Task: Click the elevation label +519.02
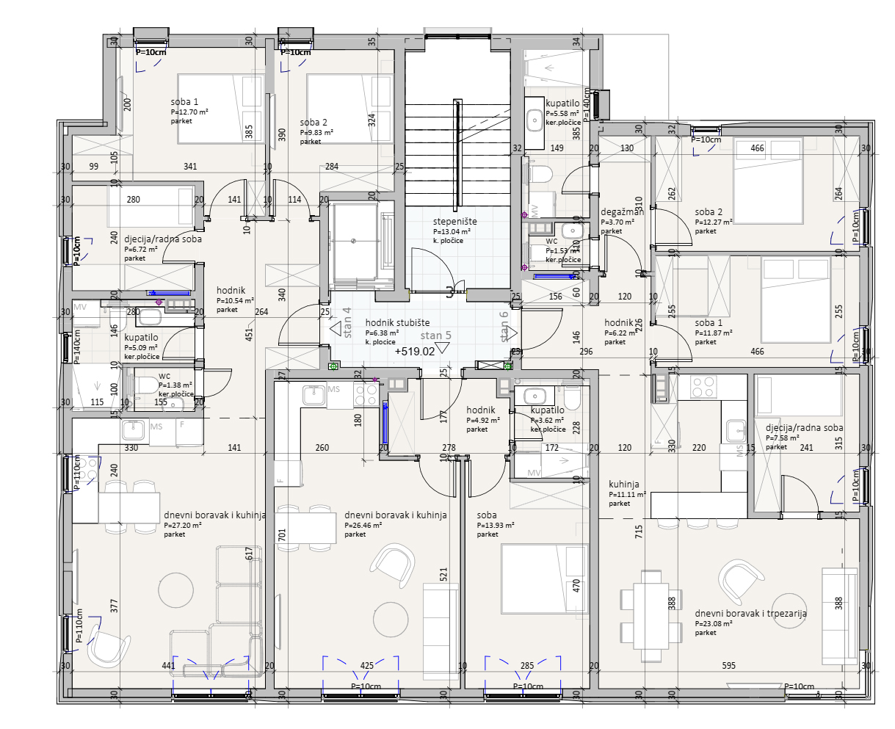(x=414, y=352)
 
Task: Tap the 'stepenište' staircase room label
(x=454, y=221)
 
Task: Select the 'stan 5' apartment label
(x=435, y=336)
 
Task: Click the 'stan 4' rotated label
(x=347, y=322)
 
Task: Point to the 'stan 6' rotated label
(x=504, y=327)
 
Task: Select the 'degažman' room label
(x=622, y=212)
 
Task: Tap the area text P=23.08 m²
(x=716, y=624)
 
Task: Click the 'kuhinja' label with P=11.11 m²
(x=623, y=485)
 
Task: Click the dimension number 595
(x=728, y=666)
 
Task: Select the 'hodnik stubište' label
(x=397, y=323)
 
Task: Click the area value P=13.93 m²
(x=495, y=526)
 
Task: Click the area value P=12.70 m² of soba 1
(x=189, y=112)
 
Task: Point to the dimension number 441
(x=168, y=666)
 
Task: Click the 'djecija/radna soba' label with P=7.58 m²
(x=804, y=427)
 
